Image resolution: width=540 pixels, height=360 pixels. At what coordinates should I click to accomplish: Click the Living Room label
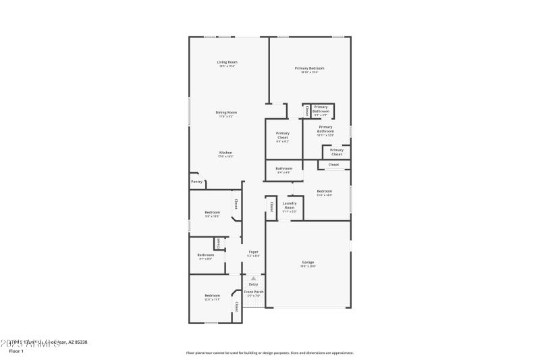pyautogui.click(x=227, y=62)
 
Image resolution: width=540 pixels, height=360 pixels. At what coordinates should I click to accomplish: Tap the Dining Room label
pyautogui.click(x=226, y=112)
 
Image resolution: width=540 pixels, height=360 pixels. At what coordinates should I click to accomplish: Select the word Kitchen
pyautogui.click(x=225, y=153)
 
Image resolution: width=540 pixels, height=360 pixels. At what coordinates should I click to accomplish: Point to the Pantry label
pyautogui.click(x=196, y=182)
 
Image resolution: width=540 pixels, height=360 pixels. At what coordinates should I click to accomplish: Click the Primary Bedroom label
pyautogui.click(x=309, y=68)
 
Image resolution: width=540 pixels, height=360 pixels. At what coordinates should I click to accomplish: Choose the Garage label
pyautogui.click(x=308, y=262)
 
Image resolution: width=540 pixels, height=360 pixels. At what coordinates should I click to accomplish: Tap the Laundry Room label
pyautogui.click(x=290, y=205)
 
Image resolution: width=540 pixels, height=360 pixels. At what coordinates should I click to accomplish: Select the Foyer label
pyautogui.click(x=253, y=252)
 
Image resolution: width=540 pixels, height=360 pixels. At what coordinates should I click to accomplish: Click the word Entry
pyautogui.click(x=253, y=284)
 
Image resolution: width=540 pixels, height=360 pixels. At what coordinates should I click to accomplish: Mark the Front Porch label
pyautogui.click(x=254, y=292)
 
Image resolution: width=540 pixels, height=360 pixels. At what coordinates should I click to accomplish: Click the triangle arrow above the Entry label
pyautogui.click(x=253, y=278)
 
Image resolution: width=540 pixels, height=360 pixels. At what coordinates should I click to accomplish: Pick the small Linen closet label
pyautogui.click(x=219, y=242)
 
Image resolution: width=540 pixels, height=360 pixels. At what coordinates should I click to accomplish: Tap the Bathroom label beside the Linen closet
pyautogui.click(x=206, y=255)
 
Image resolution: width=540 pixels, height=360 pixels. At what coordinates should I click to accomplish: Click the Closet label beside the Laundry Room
pyautogui.click(x=271, y=207)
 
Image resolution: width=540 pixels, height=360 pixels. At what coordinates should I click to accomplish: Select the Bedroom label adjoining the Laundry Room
pyautogui.click(x=325, y=191)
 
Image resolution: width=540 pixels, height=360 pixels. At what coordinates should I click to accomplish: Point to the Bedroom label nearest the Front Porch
pyautogui.click(x=213, y=295)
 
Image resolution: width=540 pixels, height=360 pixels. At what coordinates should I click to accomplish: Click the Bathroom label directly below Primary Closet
pyautogui.click(x=284, y=168)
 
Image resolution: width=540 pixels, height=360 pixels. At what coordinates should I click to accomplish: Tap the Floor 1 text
pyautogui.click(x=16, y=351)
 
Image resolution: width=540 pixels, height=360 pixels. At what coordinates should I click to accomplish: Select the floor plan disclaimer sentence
pyautogui.click(x=270, y=353)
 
